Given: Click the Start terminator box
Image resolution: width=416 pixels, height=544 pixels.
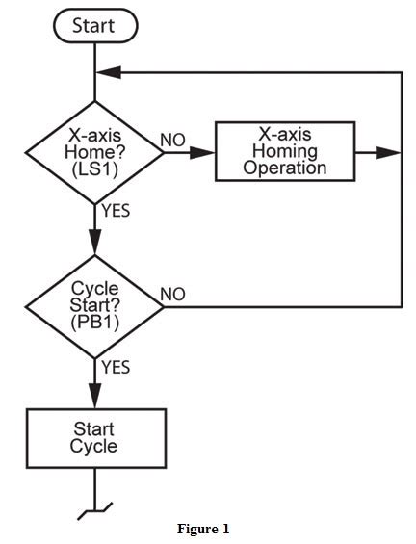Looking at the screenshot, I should click(x=93, y=26).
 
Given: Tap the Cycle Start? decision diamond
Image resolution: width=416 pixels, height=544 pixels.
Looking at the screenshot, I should click(x=93, y=307).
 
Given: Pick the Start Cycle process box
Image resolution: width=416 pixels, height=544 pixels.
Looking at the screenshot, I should click(x=93, y=437).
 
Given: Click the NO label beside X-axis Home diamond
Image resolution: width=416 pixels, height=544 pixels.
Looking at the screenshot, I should click(x=172, y=141).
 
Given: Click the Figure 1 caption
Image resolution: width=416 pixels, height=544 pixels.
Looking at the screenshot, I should click(x=203, y=529).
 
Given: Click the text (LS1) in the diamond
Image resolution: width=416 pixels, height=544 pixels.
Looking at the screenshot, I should click(x=93, y=168).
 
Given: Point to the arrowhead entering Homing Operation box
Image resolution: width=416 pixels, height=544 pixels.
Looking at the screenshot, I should click(x=205, y=152).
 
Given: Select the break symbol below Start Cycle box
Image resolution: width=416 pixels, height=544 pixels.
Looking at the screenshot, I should click(x=93, y=507).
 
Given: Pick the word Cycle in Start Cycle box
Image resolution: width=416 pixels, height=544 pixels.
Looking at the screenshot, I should click(x=93, y=447).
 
